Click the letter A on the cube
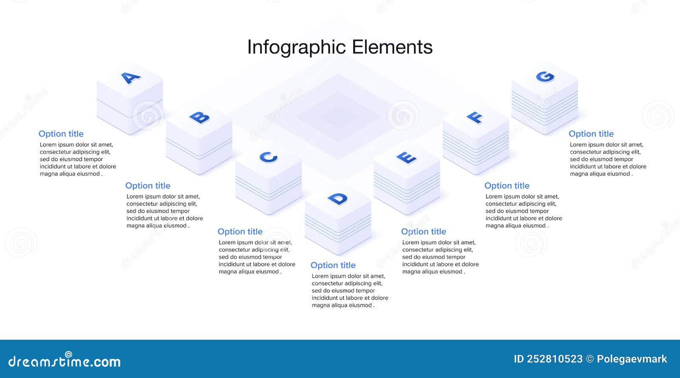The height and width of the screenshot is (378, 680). tap(130, 78)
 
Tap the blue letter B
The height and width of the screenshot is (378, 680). tap(199, 117)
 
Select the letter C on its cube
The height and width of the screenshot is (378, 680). tap(268, 157)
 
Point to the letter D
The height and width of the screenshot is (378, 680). tap(337, 199)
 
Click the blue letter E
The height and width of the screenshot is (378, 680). tap(407, 158)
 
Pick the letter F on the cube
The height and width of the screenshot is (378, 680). tap(475, 117)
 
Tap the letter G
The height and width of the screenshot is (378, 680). tap(545, 77)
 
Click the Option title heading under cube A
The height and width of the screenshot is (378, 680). tap(61, 134)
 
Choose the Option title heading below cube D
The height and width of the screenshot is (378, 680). tap(333, 265)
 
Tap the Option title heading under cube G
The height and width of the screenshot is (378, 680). tap(591, 134)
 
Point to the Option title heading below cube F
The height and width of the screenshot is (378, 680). tap(507, 186)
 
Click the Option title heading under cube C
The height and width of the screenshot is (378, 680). tap(240, 232)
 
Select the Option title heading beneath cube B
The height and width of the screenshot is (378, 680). tap(147, 186)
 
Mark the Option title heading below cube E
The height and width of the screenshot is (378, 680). tap(423, 232)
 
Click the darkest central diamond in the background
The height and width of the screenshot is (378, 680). tap(338, 116)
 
